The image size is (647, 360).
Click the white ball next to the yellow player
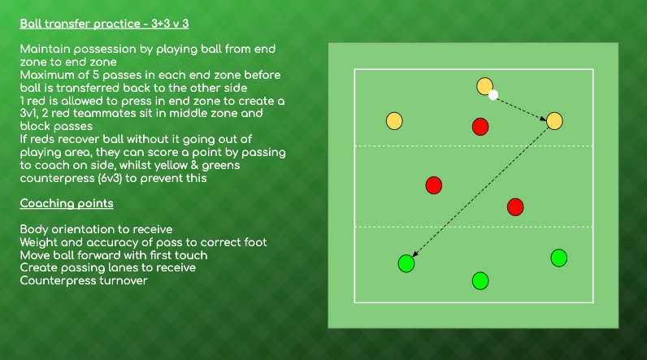pos(493,95)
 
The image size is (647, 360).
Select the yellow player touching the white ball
pos(484,85)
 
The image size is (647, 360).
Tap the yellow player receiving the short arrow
pos(554,121)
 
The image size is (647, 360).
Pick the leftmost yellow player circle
pos(394,121)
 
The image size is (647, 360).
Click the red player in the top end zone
pos(480,126)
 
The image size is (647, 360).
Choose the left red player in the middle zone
pos(433,185)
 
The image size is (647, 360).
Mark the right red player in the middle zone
pos(515,207)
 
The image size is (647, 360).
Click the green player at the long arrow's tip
pos(406,263)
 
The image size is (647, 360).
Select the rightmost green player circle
pos(558,258)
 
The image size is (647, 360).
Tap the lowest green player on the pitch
pos(480,280)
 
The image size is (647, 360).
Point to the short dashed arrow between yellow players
pos(522,108)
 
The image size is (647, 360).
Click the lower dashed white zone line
pos(455,227)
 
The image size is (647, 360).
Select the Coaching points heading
pos(66,203)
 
